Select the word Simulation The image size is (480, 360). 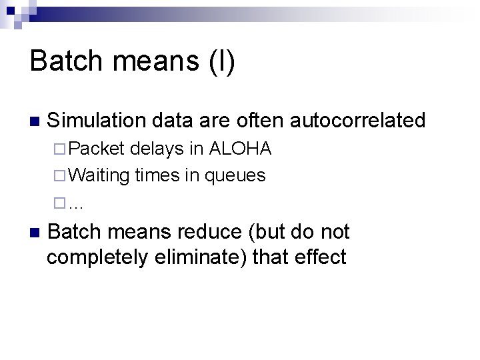click(97, 121)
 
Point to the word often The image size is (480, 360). click(254, 121)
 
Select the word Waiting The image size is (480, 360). click(99, 175)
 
